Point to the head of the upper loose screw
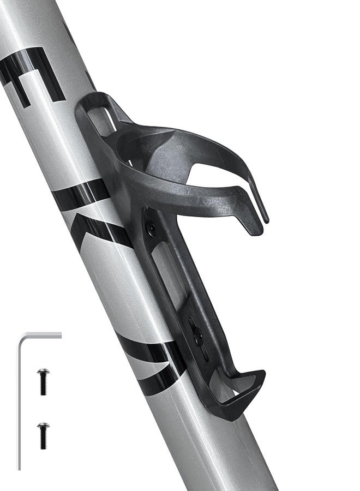point(43,372)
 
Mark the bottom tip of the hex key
point(20,468)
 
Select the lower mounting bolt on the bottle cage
point(199,338)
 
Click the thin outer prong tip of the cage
point(265,218)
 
